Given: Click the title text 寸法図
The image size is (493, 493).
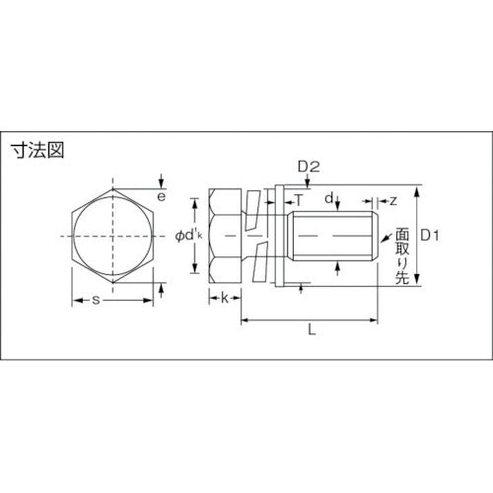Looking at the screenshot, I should pos(35,153).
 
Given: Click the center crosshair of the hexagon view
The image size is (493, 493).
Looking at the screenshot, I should pos(114,237).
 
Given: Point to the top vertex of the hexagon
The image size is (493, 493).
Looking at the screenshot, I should pos(114,188).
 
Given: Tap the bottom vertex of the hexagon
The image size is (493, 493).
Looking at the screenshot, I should pos(114,285).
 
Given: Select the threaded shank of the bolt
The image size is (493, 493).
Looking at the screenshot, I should pos(335,237).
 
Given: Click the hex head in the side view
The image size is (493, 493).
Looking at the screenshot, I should pos(226,237).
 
